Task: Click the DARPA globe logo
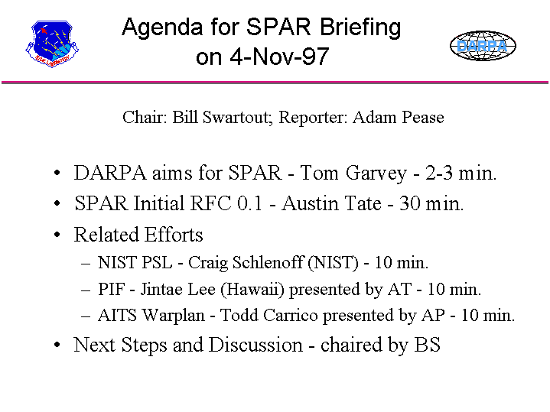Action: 483,46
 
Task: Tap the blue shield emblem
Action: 52,44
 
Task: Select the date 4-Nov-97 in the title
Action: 279,57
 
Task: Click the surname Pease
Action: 423,118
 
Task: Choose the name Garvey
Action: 376,174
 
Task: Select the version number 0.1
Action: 249,203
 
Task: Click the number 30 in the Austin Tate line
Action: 410,203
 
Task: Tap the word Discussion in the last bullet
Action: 255,345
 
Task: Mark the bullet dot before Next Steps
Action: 57,345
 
